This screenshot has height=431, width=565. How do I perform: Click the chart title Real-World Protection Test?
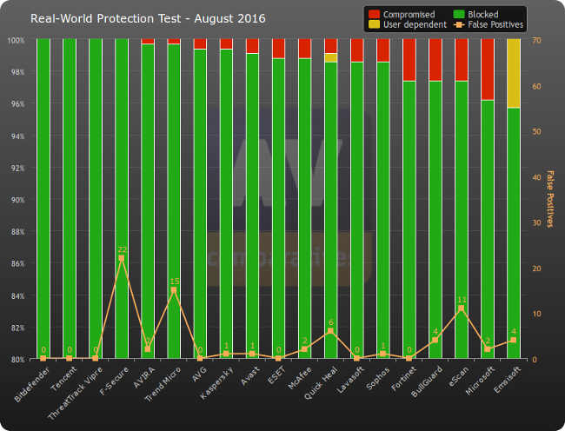148,18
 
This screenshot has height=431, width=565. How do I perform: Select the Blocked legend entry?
488,13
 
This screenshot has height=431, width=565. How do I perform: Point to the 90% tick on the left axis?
17,200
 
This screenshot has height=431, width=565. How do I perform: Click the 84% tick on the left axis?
17,295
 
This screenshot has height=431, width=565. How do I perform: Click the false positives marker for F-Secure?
122,259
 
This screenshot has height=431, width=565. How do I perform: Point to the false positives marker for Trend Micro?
174,290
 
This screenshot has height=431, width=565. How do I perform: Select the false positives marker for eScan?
462,308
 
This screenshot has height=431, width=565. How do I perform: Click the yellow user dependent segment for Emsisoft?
514,74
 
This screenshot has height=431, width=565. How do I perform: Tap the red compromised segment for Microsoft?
488,70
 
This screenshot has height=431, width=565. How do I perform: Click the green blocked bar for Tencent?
70,200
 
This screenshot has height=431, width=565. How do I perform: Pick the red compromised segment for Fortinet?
409,60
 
